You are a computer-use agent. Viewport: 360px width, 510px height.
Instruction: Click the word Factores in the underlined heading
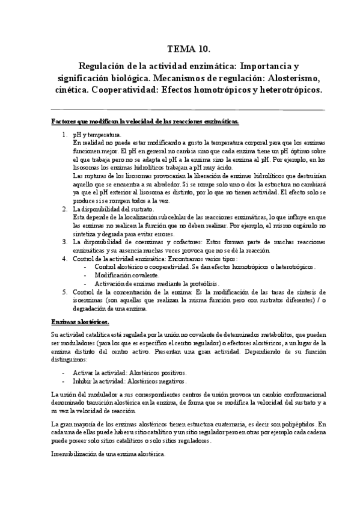pos(64,122)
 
